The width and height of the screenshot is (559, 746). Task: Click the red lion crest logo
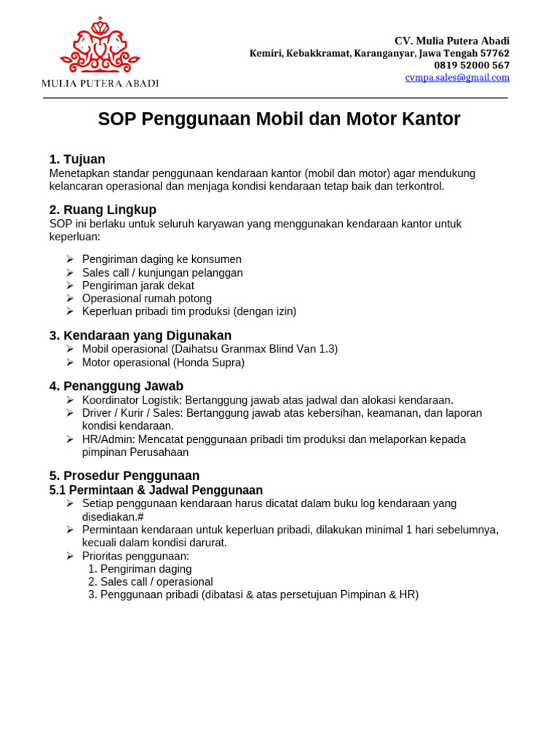click(x=100, y=45)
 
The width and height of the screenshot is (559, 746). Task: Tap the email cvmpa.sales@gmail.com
click(x=457, y=77)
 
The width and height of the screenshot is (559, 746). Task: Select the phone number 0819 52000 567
click(x=472, y=66)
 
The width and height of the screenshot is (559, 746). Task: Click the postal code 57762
click(x=494, y=53)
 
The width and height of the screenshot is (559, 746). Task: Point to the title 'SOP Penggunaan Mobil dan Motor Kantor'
click(x=279, y=119)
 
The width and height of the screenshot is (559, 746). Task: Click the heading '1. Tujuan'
click(x=77, y=160)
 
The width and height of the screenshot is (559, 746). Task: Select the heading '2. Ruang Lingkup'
click(x=103, y=210)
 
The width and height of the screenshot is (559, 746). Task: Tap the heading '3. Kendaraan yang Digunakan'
click(x=140, y=336)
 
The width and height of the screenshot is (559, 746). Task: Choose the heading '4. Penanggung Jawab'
click(x=116, y=386)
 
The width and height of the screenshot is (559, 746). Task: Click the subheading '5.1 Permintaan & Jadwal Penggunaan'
click(x=156, y=490)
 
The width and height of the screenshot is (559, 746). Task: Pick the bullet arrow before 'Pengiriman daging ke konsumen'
click(x=70, y=259)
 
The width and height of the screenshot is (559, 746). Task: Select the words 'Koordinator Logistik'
click(x=132, y=400)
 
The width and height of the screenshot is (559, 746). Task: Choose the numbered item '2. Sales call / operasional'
click(x=151, y=582)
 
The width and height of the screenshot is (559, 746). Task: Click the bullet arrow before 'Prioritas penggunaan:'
click(x=70, y=556)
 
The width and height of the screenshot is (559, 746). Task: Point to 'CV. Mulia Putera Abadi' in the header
click(x=452, y=41)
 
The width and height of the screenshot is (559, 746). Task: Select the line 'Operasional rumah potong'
click(x=147, y=299)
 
